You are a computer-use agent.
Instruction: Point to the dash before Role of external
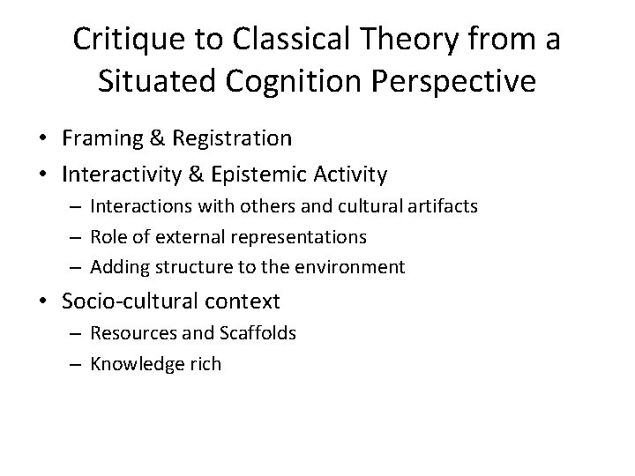(x=76, y=236)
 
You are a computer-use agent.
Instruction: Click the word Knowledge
(x=134, y=363)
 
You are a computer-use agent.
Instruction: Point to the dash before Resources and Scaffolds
(x=76, y=333)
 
